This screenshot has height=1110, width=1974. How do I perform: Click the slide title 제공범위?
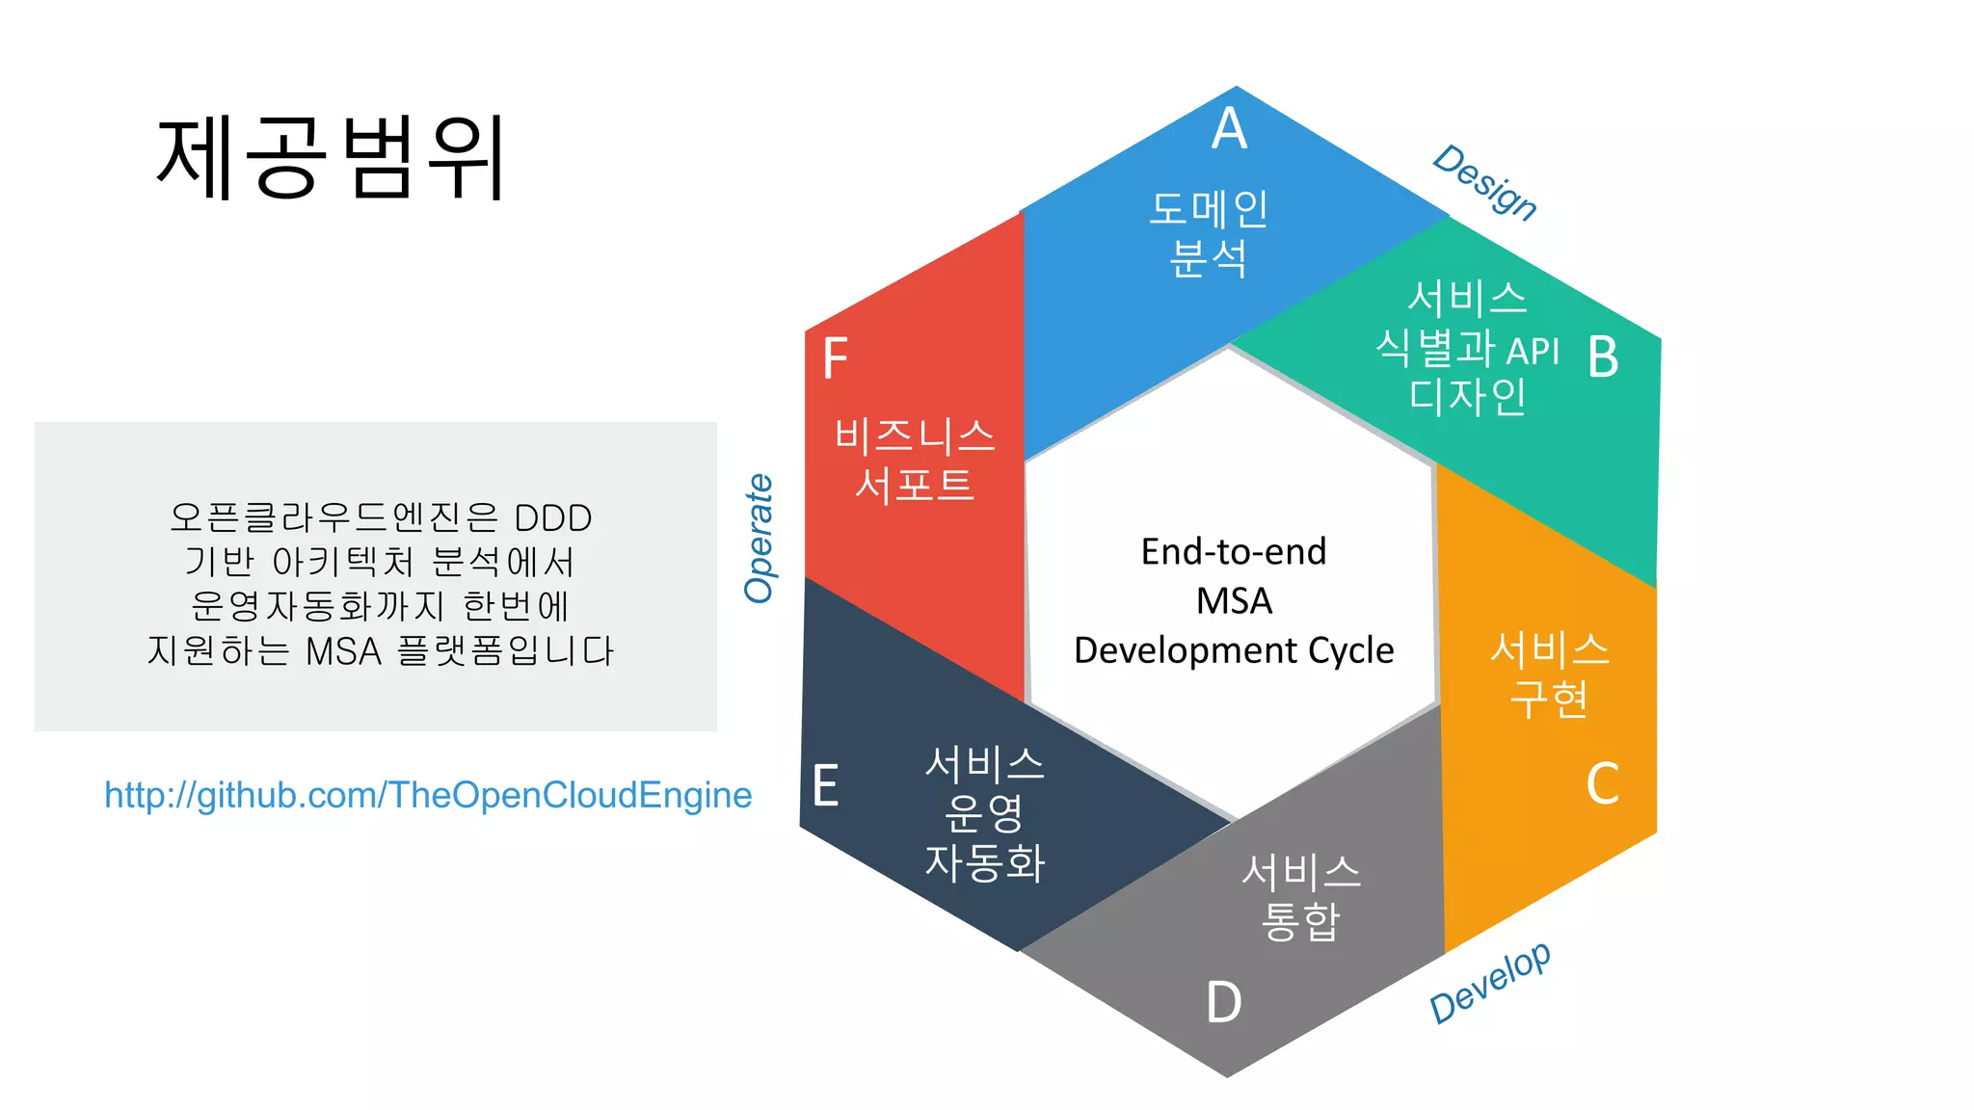pyautogui.click(x=331, y=157)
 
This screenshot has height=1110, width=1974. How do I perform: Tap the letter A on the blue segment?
pyautogui.click(x=1229, y=129)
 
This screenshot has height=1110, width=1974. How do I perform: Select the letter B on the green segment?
pyautogui.click(x=1602, y=357)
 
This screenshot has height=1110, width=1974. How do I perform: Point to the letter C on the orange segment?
pyautogui.click(x=1602, y=783)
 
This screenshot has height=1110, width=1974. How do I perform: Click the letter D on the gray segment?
pyautogui.click(x=1223, y=1002)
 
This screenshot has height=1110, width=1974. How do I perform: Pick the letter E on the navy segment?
pyautogui.click(x=825, y=785)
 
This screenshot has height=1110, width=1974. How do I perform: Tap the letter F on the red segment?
pyautogui.click(x=835, y=358)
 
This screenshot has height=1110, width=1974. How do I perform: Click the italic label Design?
pyautogui.click(x=1484, y=182)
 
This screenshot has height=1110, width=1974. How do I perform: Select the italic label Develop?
pyautogui.click(x=1490, y=982)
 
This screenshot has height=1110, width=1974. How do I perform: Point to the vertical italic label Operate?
pyautogui.click(x=760, y=539)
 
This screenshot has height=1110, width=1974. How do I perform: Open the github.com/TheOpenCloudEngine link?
pyautogui.click(x=428, y=795)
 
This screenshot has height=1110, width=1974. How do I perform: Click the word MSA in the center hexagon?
pyautogui.click(x=1234, y=601)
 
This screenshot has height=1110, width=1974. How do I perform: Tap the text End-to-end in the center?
pyautogui.click(x=1234, y=551)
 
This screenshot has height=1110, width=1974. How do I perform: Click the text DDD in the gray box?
pyautogui.click(x=553, y=518)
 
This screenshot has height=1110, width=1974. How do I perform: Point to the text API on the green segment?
pyautogui.click(x=1533, y=352)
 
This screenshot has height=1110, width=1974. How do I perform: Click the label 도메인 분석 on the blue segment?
pyautogui.click(x=1209, y=233)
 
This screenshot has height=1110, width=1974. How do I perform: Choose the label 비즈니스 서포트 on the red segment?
pyautogui.click(x=914, y=461)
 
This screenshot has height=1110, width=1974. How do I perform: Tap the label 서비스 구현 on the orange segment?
pyautogui.click(x=1549, y=674)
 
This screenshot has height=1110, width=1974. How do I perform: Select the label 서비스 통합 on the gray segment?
pyautogui.click(x=1301, y=897)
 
